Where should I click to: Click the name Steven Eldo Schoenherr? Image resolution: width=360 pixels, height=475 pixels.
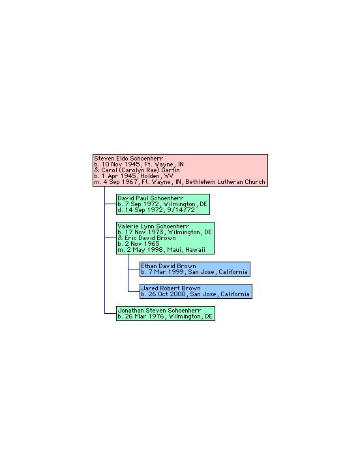(128, 159)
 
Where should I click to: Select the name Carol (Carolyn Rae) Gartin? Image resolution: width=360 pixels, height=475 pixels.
(140, 170)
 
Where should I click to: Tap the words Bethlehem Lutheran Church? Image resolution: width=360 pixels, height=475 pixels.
(225, 182)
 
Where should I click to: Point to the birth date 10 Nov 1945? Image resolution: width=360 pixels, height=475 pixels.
(121, 164)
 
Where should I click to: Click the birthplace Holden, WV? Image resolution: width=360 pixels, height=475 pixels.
(157, 176)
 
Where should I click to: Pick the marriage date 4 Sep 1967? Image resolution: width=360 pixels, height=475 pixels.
(120, 182)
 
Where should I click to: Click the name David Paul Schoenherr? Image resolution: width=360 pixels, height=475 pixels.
(151, 198)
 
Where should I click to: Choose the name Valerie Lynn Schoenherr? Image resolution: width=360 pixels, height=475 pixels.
(153, 226)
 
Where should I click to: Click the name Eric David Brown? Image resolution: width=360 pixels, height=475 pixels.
(150, 238)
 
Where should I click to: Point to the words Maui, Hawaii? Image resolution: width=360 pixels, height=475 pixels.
(187, 250)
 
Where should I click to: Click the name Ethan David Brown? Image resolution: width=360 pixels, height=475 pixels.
(168, 266)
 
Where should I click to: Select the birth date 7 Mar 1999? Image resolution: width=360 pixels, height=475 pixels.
(166, 272)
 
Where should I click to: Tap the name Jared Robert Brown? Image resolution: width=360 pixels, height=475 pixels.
(171, 288)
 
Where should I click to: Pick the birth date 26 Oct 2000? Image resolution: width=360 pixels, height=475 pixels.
(167, 294)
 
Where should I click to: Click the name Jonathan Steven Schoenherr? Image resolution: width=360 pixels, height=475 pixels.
(159, 311)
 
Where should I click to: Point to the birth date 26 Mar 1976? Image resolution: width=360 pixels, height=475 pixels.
(144, 316)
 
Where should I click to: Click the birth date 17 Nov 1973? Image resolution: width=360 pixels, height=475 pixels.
(144, 232)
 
